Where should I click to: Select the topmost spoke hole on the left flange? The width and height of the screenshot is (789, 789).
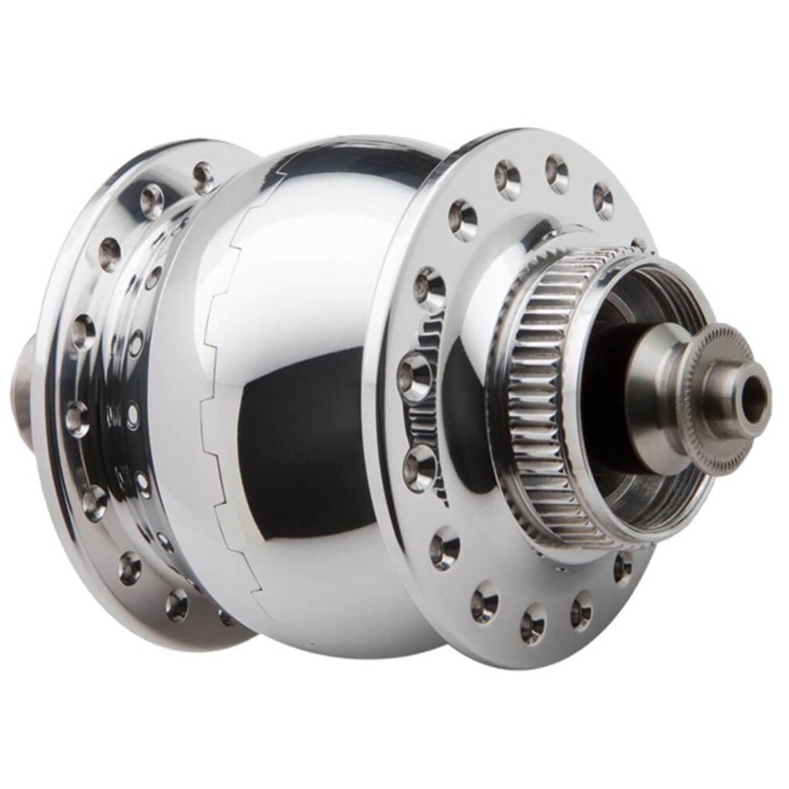[200, 172]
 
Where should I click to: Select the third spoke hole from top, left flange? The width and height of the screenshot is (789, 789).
[109, 250]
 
